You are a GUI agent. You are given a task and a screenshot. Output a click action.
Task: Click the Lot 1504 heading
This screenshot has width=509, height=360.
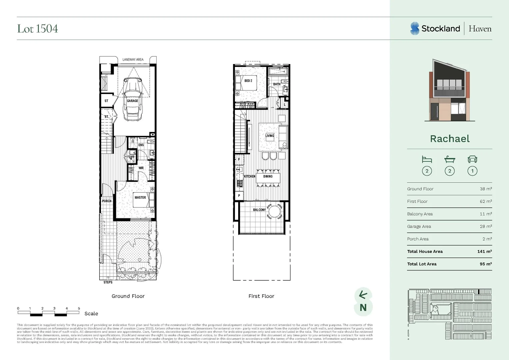37,29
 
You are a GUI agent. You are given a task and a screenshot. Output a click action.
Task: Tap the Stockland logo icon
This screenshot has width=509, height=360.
414,29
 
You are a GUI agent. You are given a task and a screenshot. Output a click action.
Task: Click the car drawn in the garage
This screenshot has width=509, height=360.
132,99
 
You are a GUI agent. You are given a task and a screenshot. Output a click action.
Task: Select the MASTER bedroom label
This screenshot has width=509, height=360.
140,197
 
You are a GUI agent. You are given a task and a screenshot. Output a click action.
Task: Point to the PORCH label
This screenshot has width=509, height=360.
107,201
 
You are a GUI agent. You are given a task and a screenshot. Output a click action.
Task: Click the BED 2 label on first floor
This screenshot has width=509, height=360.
248,81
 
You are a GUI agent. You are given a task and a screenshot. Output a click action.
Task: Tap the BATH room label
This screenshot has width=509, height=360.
277,84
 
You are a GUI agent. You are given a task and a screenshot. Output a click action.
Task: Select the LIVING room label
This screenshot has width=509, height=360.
270,136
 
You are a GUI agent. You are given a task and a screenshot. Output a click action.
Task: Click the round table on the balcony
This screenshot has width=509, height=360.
275,211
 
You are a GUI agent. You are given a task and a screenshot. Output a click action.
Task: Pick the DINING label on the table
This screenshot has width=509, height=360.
268,176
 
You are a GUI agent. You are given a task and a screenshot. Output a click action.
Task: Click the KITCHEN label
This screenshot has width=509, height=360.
250,176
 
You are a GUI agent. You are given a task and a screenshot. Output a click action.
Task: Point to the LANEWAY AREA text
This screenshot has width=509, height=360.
133,60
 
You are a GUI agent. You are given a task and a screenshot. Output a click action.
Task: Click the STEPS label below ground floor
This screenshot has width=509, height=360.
108,282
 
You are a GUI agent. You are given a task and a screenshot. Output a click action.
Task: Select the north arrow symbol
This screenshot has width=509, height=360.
363,295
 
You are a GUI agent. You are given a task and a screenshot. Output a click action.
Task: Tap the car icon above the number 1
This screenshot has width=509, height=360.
472,159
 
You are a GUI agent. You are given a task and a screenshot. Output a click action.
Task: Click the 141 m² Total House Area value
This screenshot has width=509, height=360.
484,251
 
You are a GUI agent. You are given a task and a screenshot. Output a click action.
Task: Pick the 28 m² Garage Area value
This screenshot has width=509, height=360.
486,226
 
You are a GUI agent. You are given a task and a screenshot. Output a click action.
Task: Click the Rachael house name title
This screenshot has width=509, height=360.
450,139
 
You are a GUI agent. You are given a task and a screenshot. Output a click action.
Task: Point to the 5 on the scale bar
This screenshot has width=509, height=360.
79,308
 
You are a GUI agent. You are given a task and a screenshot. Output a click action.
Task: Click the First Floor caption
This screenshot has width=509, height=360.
261,296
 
